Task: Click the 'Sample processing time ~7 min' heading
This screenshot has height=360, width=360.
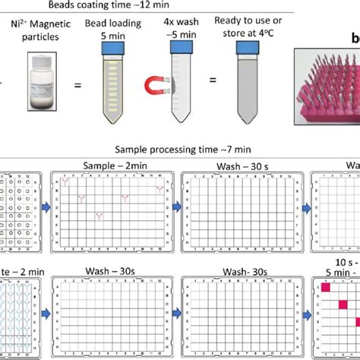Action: coord(176,151)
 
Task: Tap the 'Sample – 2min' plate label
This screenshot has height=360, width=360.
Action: coord(112,164)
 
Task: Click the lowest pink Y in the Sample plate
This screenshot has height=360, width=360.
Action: coord(99,217)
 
